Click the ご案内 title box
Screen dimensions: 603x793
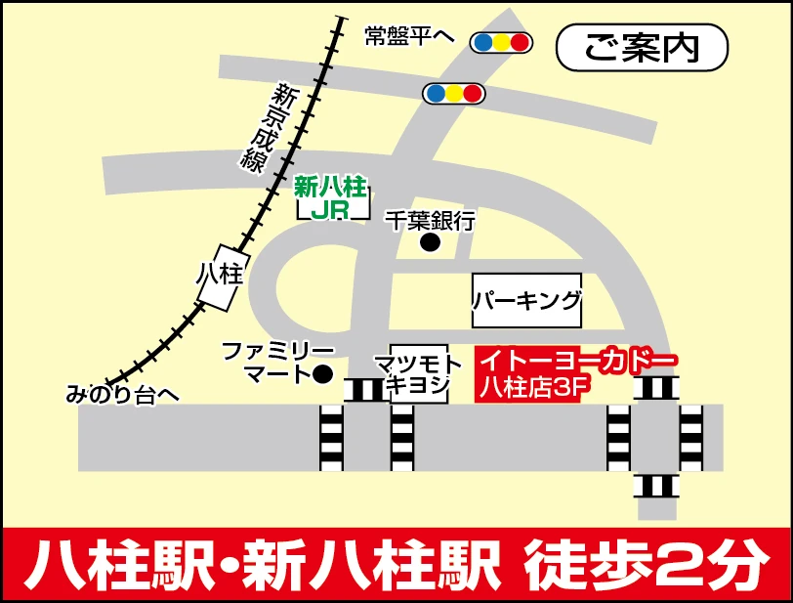pyautogui.click(x=642, y=47)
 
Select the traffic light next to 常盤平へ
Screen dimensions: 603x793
pyautogui.click(x=501, y=42)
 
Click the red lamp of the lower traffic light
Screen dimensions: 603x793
pyautogui.click(x=473, y=93)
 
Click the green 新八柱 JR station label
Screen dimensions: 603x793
pyautogui.click(x=334, y=196)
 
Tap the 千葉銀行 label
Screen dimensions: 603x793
pyautogui.click(x=430, y=221)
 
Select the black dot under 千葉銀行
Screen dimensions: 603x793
pyautogui.click(x=430, y=242)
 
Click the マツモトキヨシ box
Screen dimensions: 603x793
pyautogui.click(x=419, y=372)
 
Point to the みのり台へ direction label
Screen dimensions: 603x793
pyautogui.click(x=123, y=395)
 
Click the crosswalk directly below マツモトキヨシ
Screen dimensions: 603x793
pyautogui.click(x=402, y=438)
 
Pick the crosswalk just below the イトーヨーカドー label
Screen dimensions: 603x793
pyautogui.click(x=655, y=388)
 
